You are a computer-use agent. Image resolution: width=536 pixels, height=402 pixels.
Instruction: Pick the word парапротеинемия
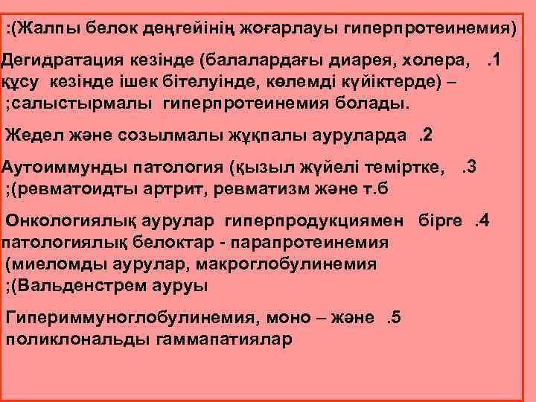317,243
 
